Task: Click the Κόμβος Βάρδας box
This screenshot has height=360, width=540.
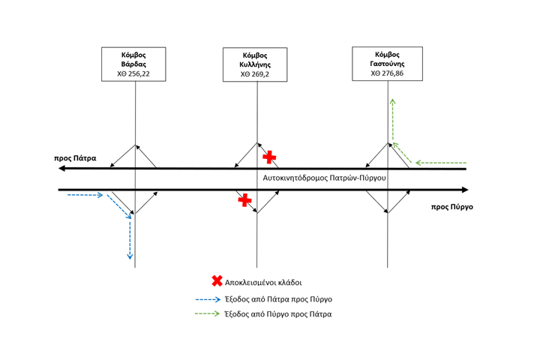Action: tap(135, 64)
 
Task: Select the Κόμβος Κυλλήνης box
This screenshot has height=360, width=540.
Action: tap(255, 64)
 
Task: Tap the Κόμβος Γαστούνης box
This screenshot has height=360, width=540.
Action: tap(387, 64)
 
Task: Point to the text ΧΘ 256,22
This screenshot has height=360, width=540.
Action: tap(135, 75)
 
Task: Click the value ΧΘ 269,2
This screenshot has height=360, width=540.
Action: tap(255, 75)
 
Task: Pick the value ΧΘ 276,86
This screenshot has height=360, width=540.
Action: tap(387, 74)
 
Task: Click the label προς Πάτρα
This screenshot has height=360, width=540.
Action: tap(75, 159)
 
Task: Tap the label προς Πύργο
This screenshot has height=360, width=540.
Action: tap(452, 206)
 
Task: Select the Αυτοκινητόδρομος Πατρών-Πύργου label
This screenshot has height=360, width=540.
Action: tap(325, 178)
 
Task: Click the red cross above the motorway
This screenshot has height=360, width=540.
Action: tap(269, 157)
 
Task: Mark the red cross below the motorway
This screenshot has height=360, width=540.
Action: tap(244, 199)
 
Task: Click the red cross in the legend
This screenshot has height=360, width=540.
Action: tap(217, 281)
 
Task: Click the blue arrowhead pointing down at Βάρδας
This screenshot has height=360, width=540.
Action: tap(130, 256)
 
